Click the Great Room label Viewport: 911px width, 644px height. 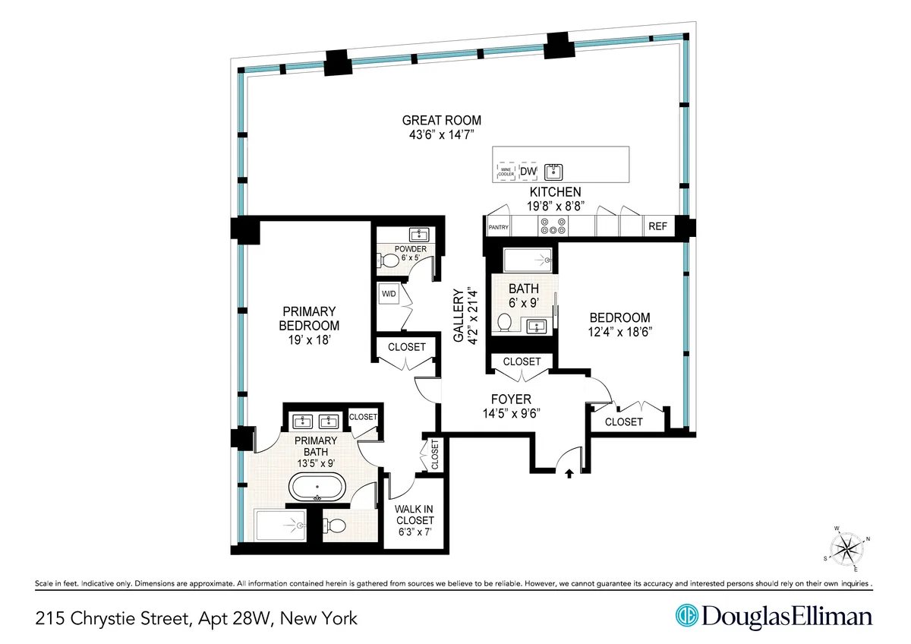441,120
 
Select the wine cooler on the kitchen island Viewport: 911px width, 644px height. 506,172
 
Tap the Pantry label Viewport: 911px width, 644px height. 498,226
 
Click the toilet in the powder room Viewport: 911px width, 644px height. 389,260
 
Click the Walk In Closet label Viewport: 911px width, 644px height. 415,515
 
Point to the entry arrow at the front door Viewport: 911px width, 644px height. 569,475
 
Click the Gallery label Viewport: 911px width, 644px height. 459,315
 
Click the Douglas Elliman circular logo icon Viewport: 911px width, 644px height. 687,616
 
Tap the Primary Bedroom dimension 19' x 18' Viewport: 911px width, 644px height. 309,341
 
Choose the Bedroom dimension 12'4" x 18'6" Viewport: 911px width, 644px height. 620,332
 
